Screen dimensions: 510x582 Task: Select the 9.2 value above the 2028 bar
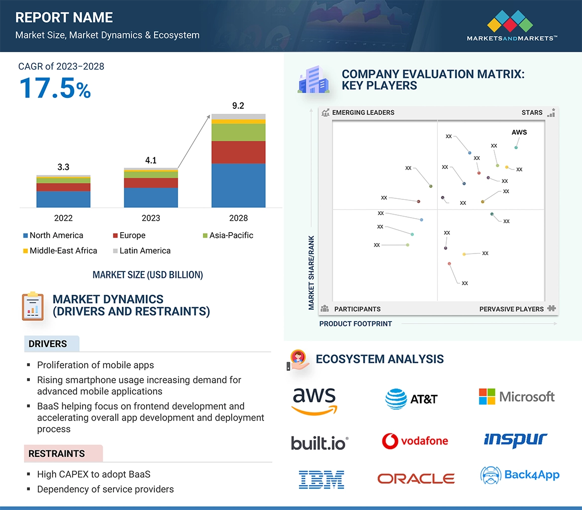(x=238, y=106)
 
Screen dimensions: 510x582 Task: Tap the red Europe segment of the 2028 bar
(x=238, y=152)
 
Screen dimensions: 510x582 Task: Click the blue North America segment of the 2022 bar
(x=63, y=199)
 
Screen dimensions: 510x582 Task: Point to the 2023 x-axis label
(x=151, y=218)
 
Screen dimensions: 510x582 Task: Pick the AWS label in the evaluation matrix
(x=519, y=132)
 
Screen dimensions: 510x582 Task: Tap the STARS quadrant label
(x=532, y=113)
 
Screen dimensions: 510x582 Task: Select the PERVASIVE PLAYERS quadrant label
(x=511, y=309)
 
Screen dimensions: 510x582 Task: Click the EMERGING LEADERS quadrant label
(x=363, y=113)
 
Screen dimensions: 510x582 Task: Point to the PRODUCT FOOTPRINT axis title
(x=355, y=324)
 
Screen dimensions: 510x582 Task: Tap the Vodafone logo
(x=415, y=441)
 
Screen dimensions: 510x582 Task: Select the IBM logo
(x=321, y=479)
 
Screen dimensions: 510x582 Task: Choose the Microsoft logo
(x=516, y=397)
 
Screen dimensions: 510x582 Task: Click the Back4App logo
(x=520, y=475)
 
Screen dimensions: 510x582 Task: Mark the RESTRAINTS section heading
(x=56, y=454)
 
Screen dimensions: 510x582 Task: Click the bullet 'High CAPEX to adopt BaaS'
(x=94, y=474)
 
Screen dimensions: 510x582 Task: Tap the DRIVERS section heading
(x=47, y=344)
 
